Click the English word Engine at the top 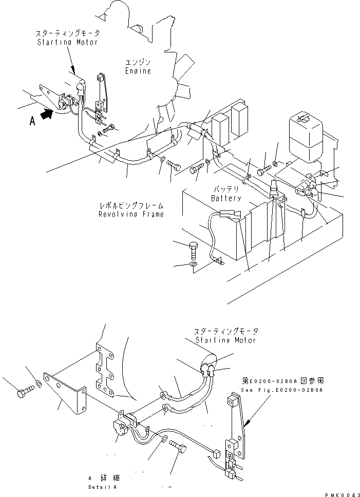coord(138,71)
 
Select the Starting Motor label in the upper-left coord(68,42)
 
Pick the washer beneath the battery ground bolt coord(193,265)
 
